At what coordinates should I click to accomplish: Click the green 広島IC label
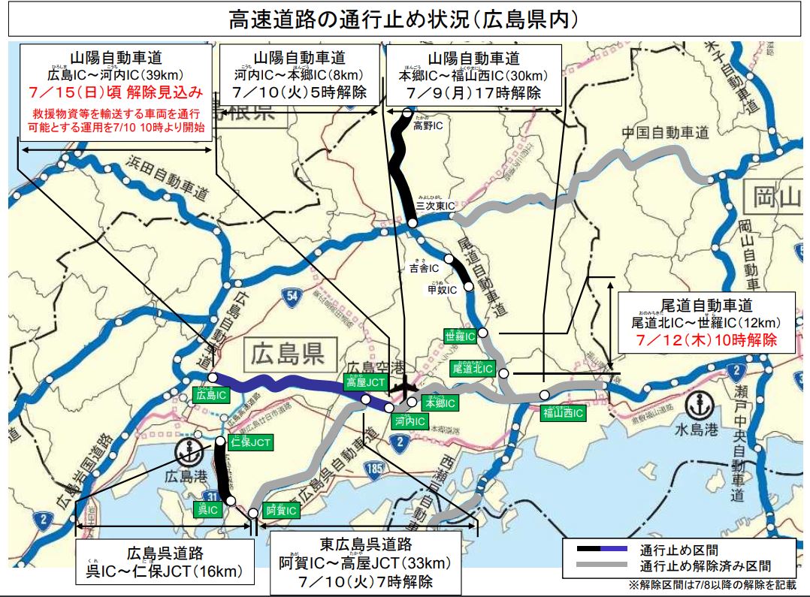[210, 393]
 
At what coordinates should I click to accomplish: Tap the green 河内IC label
[410, 422]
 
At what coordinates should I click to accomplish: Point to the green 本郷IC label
[440, 403]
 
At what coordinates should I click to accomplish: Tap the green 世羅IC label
[460, 336]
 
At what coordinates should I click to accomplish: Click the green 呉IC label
[207, 509]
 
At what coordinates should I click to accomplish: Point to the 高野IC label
[428, 126]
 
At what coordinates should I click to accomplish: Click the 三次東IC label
[436, 205]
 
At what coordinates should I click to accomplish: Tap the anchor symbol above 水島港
[698, 403]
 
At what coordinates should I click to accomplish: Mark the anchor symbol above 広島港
[187, 452]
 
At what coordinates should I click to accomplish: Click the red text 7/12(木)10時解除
[706, 339]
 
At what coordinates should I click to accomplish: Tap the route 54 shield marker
[292, 295]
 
